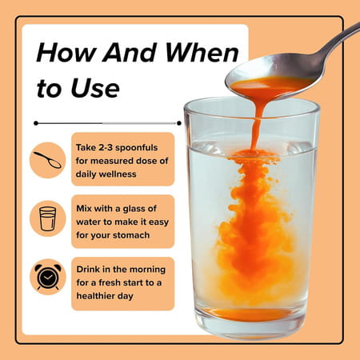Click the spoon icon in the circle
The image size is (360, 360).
(x=47, y=158)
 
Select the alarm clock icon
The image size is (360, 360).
(x=47, y=277)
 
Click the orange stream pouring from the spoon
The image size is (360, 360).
(x=255, y=120)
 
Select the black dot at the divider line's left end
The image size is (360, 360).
(x=36, y=123)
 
